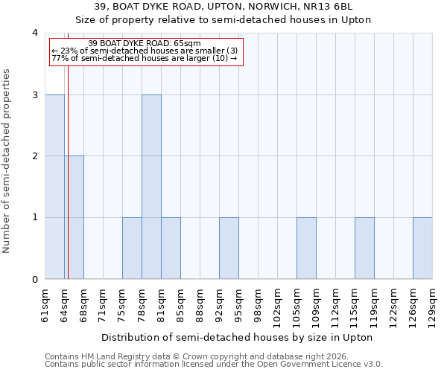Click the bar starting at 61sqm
(54, 187)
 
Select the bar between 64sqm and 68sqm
(74, 217)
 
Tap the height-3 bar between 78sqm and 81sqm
(151, 187)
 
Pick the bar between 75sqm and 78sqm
(132, 248)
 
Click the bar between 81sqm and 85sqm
(171, 248)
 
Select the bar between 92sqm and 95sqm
(229, 248)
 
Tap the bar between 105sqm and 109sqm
(306, 248)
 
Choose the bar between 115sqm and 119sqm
(364, 248)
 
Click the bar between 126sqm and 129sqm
(422, 248)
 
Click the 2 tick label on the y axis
(34, 156)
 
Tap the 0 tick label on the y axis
(34, 280)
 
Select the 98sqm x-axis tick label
(258, 305)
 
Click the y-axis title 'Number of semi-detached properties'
(7, 161)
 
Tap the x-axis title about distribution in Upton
(236, 337)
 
